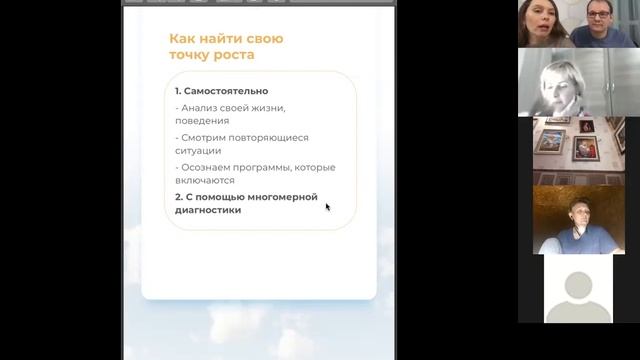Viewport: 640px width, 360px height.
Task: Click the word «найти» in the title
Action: pos(219,39)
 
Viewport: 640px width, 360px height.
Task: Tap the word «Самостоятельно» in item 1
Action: pos(226,91)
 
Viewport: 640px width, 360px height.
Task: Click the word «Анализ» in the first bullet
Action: pos(199,106)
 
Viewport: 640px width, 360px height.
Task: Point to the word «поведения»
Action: pos(202,120)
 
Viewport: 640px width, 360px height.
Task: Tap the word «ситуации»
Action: pos(198,151)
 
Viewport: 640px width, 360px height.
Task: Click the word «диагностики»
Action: pos(208,210)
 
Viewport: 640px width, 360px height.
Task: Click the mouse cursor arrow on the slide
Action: pos(327,207)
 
